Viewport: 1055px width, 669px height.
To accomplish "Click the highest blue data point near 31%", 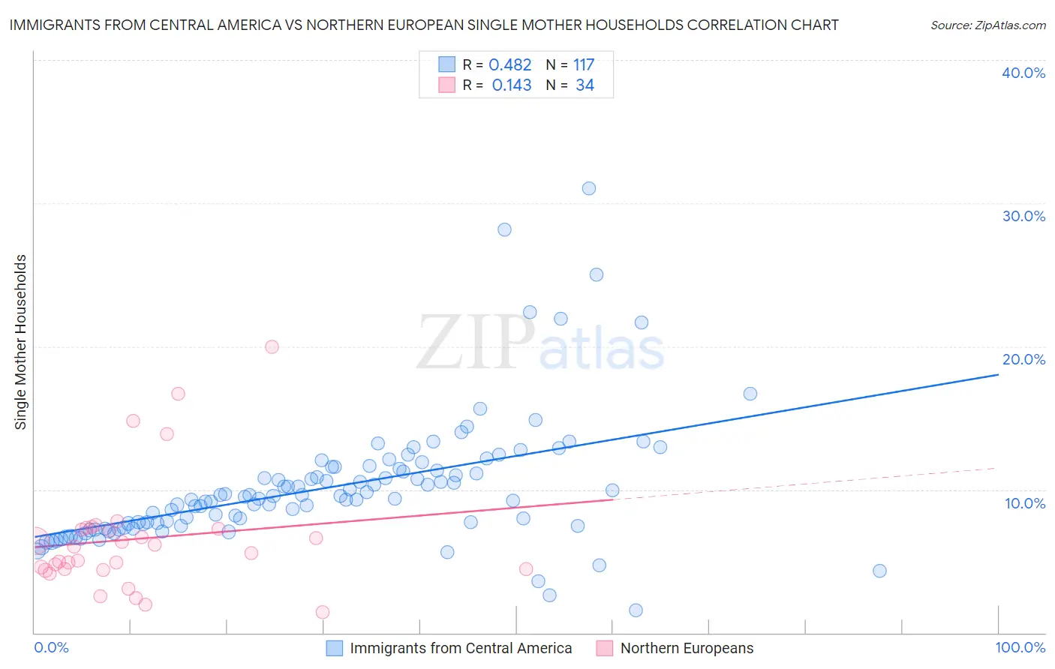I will tap(589, 188).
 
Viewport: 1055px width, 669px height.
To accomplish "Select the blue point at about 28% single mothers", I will tap(504, 229).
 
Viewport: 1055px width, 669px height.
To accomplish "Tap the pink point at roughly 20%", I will tap(272, 346).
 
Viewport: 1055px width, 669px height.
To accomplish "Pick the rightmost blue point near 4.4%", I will tap(879, 571).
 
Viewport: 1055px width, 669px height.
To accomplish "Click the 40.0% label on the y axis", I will tap(1023, 73).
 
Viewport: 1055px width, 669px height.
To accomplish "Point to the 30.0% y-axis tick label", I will tap(1023, 216).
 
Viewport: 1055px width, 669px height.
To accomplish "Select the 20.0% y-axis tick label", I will tap(1023, 359).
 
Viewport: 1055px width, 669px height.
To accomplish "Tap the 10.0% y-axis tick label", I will tap(1025, 503).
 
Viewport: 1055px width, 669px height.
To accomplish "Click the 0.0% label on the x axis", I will tap(52, 648).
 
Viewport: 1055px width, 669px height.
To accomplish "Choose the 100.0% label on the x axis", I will tap(1020, 648).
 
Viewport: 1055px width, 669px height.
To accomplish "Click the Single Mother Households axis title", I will tap(21, 342).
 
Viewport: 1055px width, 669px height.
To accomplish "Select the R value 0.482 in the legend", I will tap(510, 65).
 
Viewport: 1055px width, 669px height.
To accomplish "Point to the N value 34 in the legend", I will tap(585, 85).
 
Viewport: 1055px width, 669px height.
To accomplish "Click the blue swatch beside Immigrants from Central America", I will tap(335, 648).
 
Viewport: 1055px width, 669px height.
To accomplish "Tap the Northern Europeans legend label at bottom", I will tap(687, 648).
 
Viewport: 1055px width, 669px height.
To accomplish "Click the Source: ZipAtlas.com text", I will tap(987, 25).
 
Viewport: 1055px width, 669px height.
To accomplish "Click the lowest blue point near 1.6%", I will tap(636, 610).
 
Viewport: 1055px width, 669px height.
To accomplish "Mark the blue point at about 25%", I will tap(597, 274).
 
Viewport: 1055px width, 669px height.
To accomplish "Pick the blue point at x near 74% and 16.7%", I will tap(750, 394).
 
